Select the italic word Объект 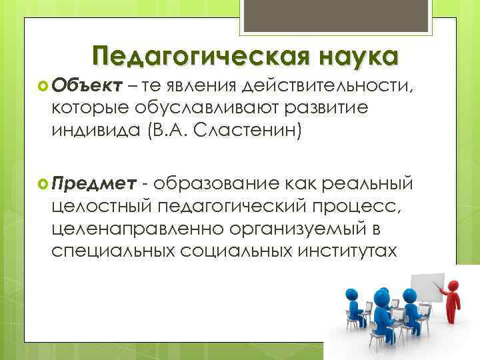pos(85,85)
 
